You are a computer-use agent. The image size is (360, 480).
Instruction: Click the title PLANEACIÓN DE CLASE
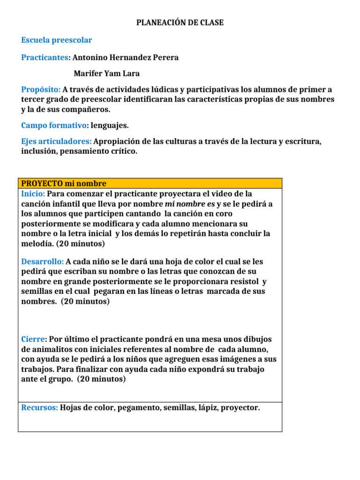(x=180, y=22)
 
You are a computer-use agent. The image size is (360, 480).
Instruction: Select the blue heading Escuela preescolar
(x=57, y=40)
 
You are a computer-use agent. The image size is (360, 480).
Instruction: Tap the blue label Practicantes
(x=45, y=58)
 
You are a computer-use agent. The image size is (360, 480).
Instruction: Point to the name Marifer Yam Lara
(x=107, y=74)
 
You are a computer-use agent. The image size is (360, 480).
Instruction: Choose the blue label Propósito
(x=41, y=89)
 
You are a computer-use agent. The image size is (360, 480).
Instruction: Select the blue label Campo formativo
(x=54, y=125)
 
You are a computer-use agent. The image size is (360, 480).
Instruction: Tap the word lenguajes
(x=110, y=125)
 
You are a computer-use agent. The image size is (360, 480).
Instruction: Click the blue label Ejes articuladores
(x=56, y=141)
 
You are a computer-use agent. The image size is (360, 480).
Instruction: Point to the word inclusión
(x=38, y=151)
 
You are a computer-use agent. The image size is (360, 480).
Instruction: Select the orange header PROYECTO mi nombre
(x=64, y=183)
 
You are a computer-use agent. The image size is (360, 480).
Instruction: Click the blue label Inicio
(x=33, y=194)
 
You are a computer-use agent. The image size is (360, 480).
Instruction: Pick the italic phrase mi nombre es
(x=190, y=204)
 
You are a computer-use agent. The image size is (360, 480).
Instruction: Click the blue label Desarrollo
(x=42, y=262)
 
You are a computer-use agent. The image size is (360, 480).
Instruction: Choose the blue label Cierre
(x=34, y=339)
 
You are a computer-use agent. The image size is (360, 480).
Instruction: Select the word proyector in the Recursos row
(x=239, y=408)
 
